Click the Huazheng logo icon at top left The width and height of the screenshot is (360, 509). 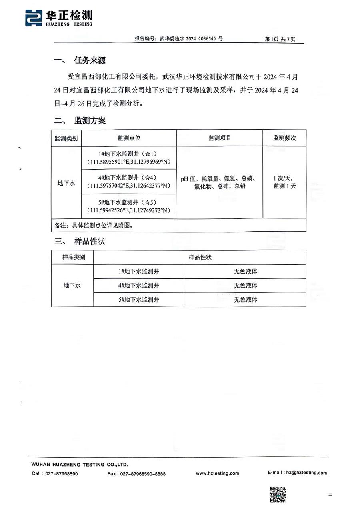(x=34, y=18)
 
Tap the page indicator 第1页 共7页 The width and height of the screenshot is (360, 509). (x=280, y=39)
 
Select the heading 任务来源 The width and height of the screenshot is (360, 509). (x=90, y=60)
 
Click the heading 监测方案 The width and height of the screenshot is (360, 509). (x=90, y=121)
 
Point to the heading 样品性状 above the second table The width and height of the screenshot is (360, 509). (x=90, y=241)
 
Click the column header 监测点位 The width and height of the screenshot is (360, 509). (x=129, y=138)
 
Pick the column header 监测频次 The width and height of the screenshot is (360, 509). (x=284, y=138)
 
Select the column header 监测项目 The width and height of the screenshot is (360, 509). (x=220, y=138)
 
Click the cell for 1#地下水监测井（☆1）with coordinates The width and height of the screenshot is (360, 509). (x=129, y=158)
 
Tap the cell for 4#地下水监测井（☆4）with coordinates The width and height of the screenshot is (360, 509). (x=129, y=182)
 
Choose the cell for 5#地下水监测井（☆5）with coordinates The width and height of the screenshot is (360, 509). (x=129, y=206)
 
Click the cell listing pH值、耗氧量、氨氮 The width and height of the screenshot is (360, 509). (x=220, y=182)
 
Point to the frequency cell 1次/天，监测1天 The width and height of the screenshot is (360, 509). (x=284, y=182)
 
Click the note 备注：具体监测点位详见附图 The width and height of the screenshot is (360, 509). (x=94, y=225)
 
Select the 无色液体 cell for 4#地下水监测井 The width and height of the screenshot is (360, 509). (x=245, y=285)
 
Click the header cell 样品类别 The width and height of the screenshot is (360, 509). (x=72, y=257)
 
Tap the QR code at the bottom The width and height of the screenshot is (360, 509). (x=278, y=494)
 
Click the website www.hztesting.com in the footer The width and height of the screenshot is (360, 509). (x=217, y=473)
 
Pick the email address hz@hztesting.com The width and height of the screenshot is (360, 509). (x=306, y=473)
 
